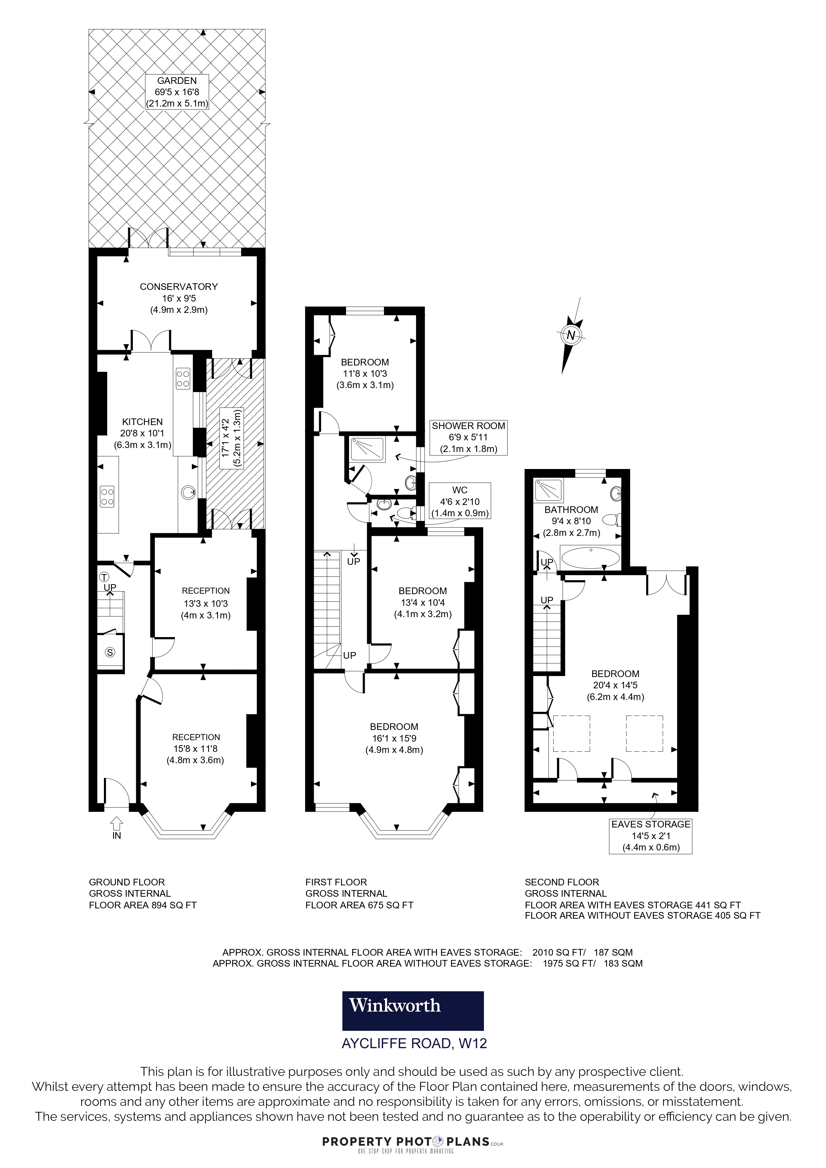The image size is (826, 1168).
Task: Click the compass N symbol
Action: (571, 335)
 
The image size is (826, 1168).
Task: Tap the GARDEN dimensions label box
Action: (177, 92)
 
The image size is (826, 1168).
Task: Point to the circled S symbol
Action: (111, 653)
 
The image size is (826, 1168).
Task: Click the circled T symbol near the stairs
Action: (104, 577)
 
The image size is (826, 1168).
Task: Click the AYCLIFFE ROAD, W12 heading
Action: (414, 1044)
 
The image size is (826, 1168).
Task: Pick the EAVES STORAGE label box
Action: (650, 836)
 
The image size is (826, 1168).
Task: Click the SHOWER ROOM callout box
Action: (468, 437)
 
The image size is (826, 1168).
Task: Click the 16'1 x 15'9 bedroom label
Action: (394, 738)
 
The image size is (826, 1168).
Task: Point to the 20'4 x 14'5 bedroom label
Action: (615, 685)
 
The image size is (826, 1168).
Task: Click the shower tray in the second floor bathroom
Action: (548, 490)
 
